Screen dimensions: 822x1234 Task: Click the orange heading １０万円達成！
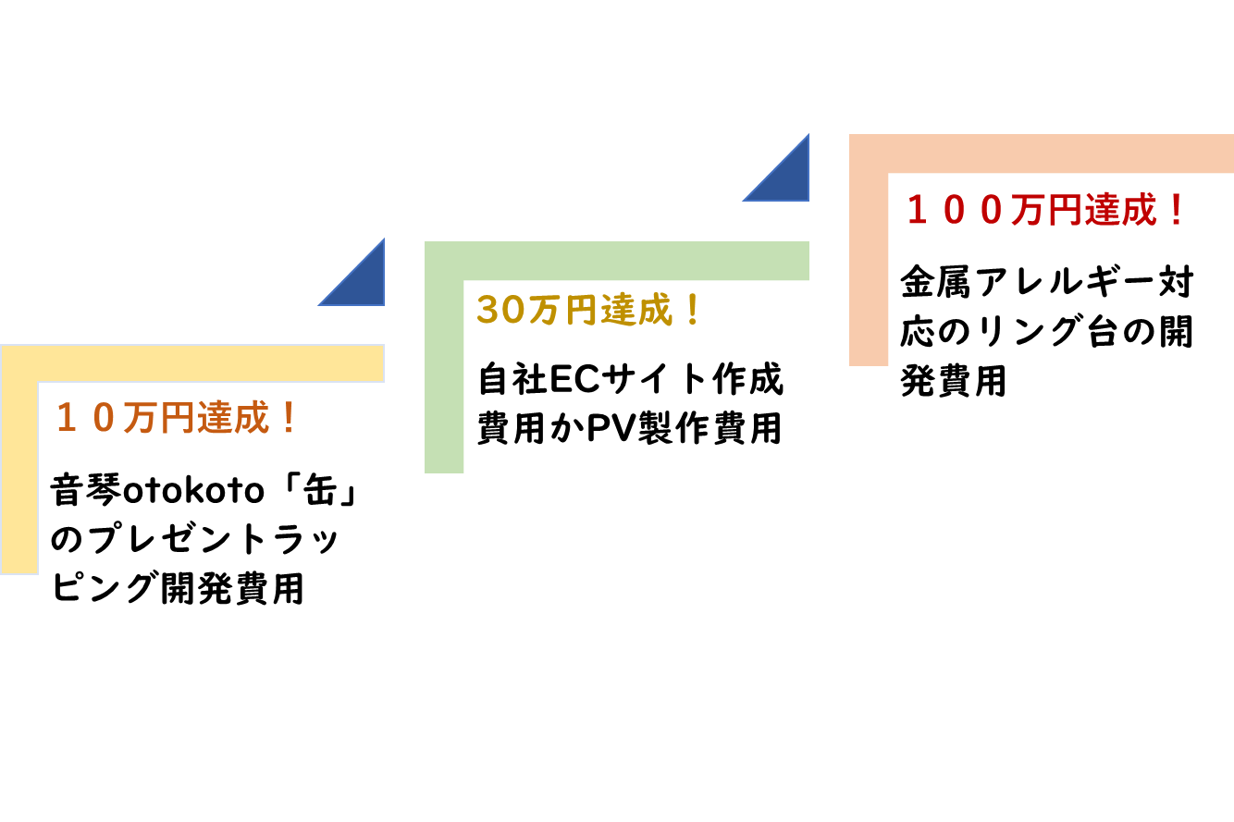pos(176,419)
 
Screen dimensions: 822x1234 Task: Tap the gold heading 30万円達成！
pos(589,311)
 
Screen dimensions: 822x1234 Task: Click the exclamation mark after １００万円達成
pos(1176,211)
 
